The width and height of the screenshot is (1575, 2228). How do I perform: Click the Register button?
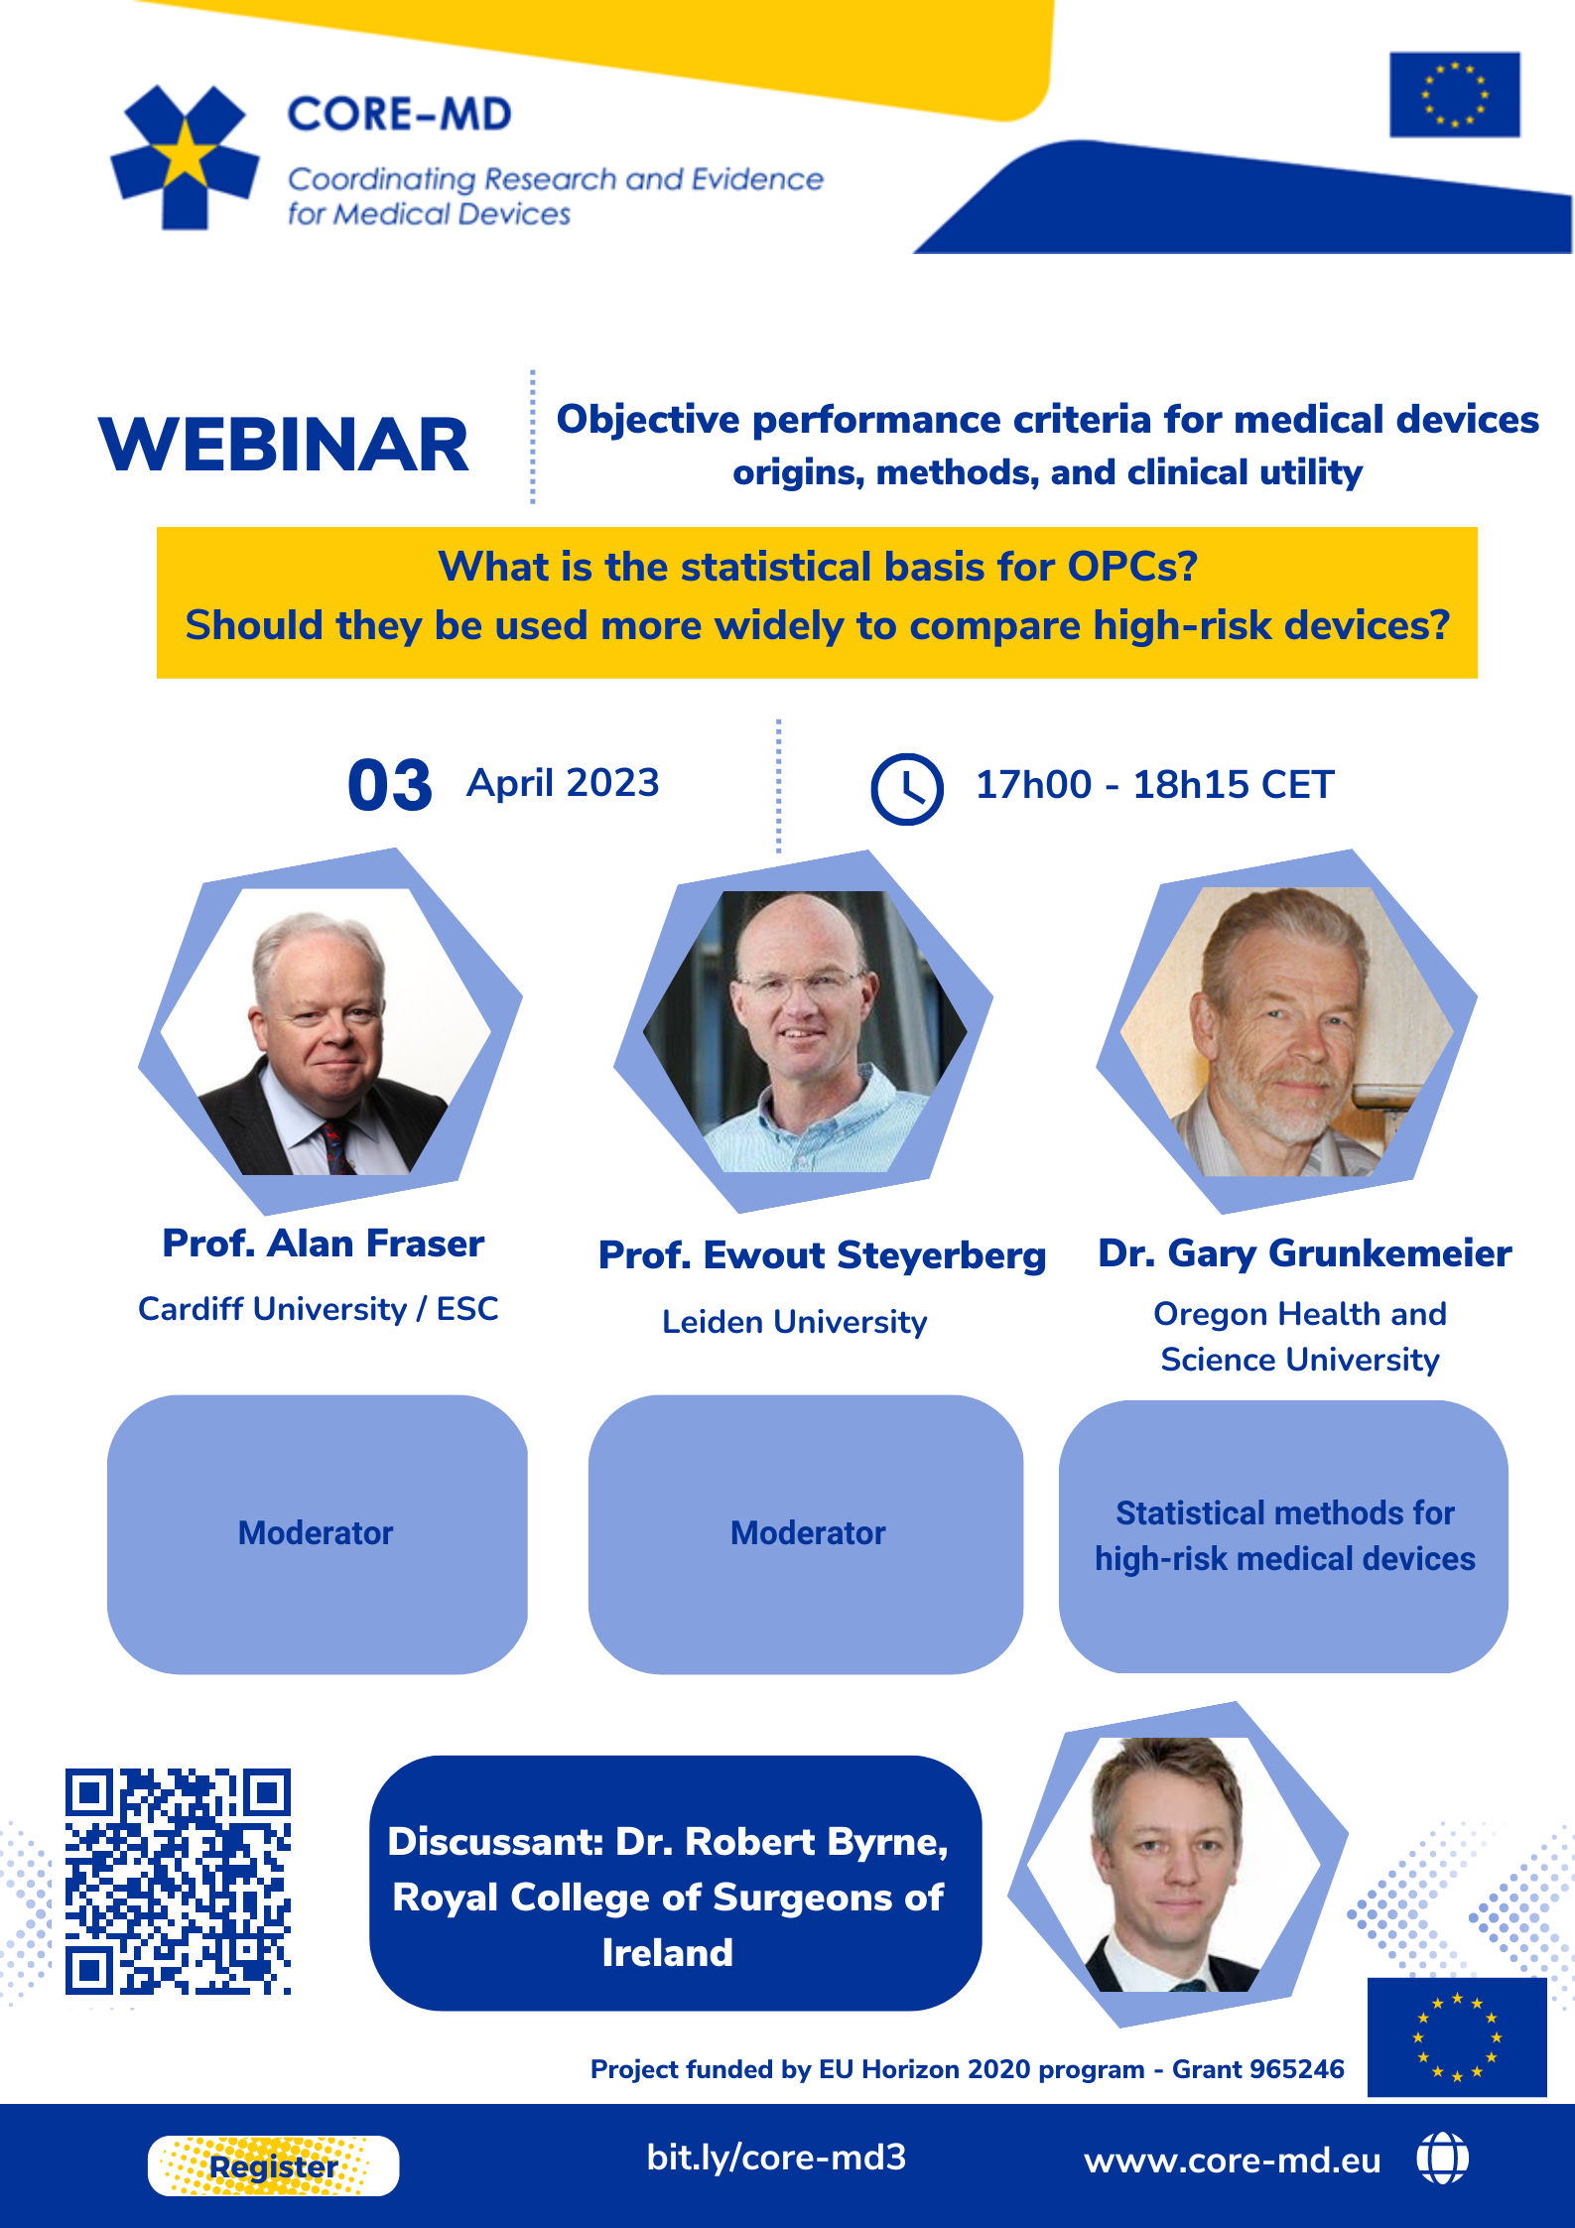pos(273,2165)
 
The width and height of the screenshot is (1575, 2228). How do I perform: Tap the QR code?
pos(179,1881)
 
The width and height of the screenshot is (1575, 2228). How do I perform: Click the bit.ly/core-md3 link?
pos(776,2158)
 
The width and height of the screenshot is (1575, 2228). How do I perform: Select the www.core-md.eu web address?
pos(1232,2161)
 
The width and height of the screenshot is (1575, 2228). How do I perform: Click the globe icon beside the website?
pos(1442,2159)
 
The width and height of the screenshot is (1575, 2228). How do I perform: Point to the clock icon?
pos(906,789)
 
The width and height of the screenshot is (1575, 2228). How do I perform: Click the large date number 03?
pos(389,786)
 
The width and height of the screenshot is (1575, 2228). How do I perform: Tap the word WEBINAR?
pos(284,445)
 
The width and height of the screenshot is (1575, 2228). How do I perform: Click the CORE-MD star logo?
pos(185,157)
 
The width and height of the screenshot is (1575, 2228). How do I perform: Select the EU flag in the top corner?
pos(1454,94)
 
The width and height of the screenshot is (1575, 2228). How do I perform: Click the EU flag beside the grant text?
pos(1456,2036)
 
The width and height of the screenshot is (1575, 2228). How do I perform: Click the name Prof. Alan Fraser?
pos(324,1244)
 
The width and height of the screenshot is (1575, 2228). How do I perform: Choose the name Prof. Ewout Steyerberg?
pos(822,1255)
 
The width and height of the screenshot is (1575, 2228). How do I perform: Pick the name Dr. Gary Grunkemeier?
pos(1304,1253)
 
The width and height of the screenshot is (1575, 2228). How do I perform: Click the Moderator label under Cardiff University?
pos(316,1533)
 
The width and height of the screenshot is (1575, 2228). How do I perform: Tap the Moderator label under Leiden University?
pos(808,1533)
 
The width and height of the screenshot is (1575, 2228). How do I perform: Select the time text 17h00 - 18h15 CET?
pos(1154,785)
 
